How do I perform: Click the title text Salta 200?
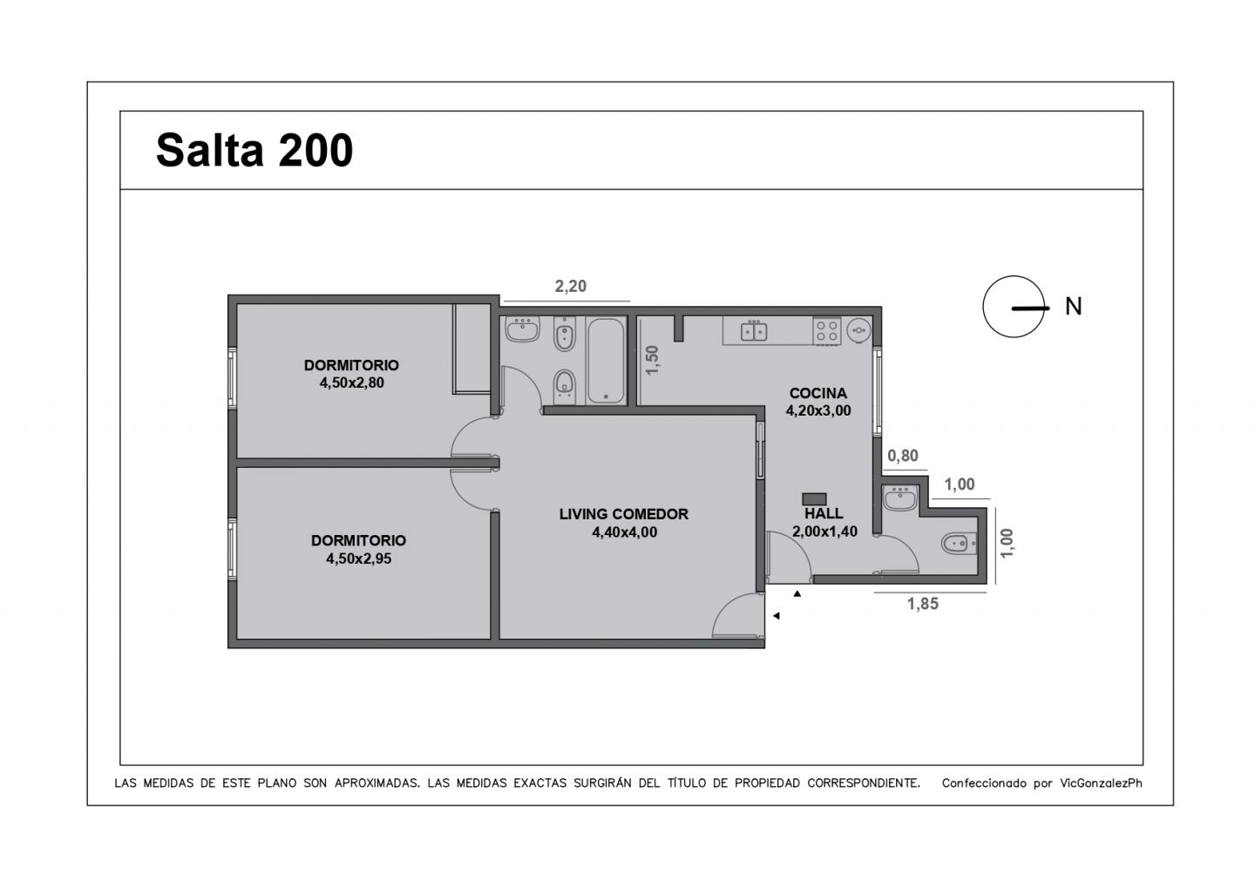point(254,151)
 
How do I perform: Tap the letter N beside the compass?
point(1074,307)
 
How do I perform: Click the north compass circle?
point(1014,307)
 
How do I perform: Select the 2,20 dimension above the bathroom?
point(571,286)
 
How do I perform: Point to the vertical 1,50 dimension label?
point(653,360)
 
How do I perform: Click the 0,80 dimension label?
point(902,456)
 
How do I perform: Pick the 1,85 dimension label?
point(923,604)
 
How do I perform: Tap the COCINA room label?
point(817,393)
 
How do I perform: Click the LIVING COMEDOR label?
point(623,514)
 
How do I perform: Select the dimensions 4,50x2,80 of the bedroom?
point(351,382)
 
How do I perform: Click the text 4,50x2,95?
point(358,559)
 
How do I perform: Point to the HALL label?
point(824,514)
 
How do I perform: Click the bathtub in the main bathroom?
point(606,361)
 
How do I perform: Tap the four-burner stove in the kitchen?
point(826,331)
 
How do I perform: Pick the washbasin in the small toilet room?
point(898,499)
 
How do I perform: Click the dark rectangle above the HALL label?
point(814,498)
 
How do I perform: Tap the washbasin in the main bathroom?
point(524,331)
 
